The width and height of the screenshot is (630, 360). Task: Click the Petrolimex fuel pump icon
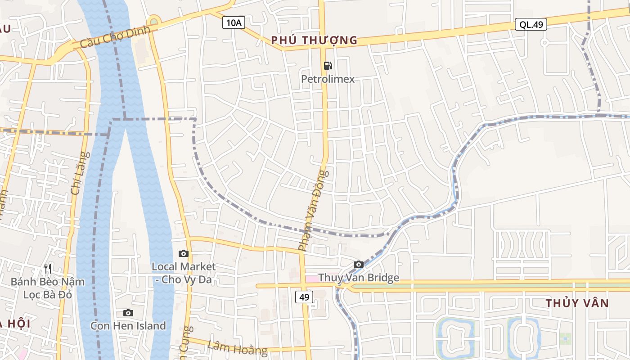328,66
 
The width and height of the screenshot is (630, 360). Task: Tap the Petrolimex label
328,79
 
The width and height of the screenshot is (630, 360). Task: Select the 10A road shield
234,22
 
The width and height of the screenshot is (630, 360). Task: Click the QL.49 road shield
531,24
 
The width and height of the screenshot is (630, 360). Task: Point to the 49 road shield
304,297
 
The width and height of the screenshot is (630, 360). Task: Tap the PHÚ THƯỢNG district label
314,40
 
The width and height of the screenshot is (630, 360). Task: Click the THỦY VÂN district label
577,303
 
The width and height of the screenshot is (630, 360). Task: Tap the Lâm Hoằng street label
238,347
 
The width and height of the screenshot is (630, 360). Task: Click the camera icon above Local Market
183,254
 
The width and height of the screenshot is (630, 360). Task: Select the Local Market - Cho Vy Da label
183,273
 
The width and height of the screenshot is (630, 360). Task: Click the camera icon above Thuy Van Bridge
358,264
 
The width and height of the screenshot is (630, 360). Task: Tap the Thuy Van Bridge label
359,278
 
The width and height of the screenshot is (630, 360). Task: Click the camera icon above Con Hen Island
128,313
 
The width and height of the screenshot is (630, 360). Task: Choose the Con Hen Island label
128,326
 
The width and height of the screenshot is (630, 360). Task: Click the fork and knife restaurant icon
48,269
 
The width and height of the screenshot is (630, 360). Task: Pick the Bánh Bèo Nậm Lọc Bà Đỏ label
48,288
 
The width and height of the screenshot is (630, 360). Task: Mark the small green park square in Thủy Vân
565,339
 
